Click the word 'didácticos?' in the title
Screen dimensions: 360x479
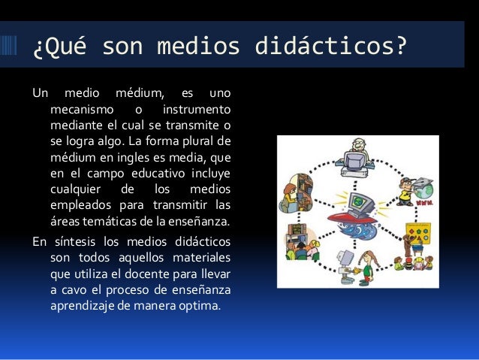coord(332,47)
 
